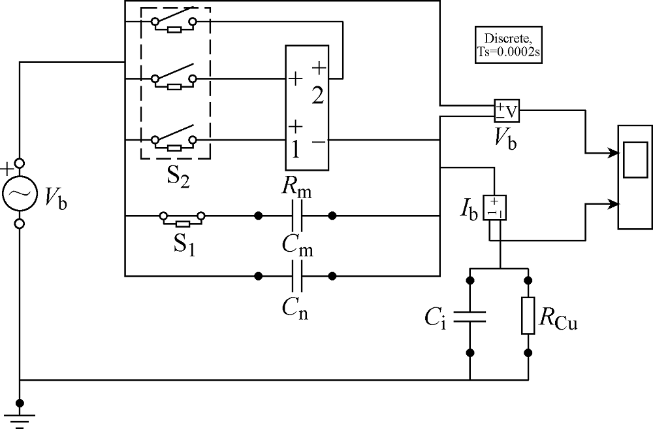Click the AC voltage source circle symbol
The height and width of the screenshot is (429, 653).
tap(19, 193)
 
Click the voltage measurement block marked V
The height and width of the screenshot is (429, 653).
tap(507, 111)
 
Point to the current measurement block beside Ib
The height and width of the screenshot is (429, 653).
tap(494, 207)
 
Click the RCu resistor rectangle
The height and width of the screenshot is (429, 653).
tap(528, 316)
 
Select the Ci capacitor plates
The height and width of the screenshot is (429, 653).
tap(470, 317)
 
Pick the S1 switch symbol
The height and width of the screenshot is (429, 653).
tap(182, 219)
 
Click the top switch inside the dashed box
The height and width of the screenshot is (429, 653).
tap(174, 20)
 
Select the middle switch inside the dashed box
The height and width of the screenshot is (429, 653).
tap(174, 78)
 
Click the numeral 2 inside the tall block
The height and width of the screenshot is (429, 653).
tap(317, 96)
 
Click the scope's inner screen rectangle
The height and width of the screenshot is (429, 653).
tap(635, 160)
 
